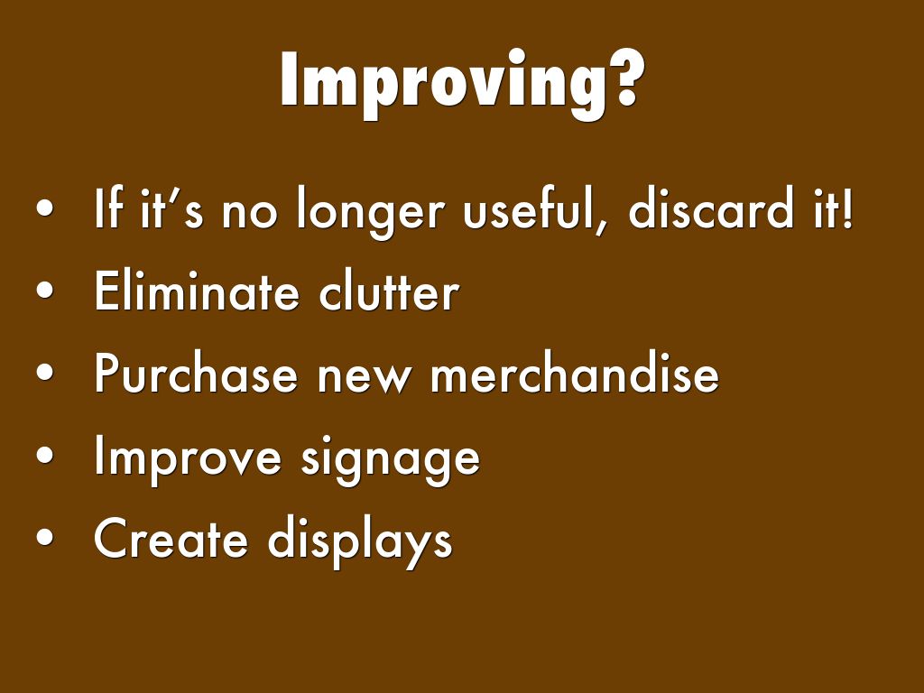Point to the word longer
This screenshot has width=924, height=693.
pos(370,212)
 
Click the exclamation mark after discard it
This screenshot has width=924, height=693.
pos(847,208)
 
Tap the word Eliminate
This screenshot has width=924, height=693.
pos(196,291)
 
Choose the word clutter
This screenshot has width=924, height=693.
pos(389,290)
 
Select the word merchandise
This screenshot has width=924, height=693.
pos(575,372)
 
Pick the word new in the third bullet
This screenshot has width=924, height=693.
pos(364,378)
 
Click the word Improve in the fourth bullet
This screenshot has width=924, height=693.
pos(188,459)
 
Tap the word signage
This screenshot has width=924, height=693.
pos(391,460)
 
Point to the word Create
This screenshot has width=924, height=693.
pos(171,538)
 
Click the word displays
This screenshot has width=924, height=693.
pos(361,541)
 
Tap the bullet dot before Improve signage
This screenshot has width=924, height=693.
pos(45,455)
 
